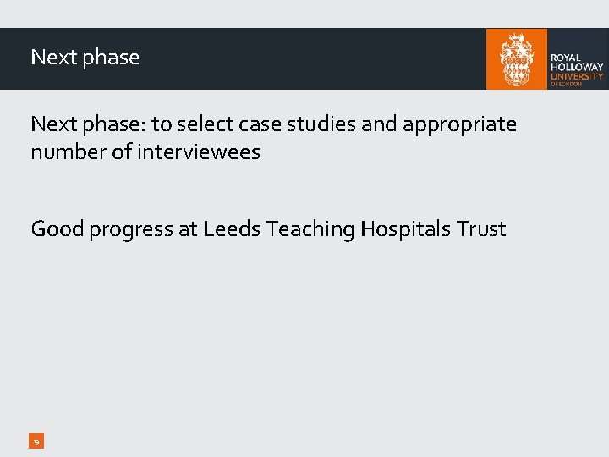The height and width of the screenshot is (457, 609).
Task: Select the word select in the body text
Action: [x=206, y=124]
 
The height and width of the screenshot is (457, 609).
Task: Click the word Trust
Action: [x=481, y=228]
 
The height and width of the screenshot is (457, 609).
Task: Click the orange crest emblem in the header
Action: [x=517, y=58]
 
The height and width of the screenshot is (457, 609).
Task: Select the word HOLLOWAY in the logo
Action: [x=577, y=67]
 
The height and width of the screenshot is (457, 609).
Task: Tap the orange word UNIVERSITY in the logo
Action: [x=577, y=76]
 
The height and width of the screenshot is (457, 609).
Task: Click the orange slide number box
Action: [x=36, y=441]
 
